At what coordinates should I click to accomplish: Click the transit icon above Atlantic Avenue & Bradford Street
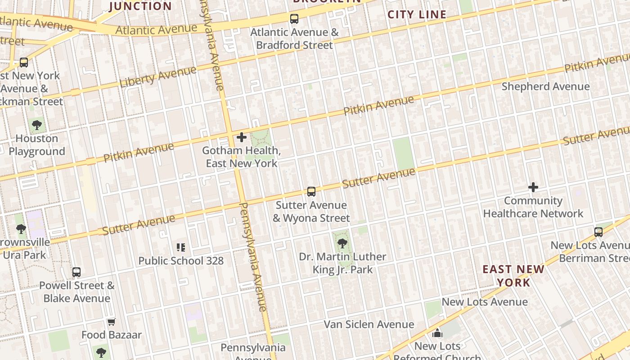point(294,18)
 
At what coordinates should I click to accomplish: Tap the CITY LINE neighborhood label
point(417,14)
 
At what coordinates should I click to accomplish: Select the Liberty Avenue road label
point(158,77)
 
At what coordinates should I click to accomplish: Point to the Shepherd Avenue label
point(545,86)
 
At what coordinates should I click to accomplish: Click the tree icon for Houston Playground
point(37,125)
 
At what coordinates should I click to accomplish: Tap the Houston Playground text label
point(37,145)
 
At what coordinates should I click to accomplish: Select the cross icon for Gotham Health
point(242,137)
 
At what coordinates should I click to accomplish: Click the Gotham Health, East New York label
point(242,157)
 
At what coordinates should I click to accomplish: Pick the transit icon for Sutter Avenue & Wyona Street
point(311,192)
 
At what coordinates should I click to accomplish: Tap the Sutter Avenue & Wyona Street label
point(311,211)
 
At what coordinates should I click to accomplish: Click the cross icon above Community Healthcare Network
point(533,187)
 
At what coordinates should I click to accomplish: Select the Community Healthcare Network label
point(533,207)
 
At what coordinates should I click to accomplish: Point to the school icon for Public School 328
point(181,247)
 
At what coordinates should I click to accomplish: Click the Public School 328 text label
point(181,261)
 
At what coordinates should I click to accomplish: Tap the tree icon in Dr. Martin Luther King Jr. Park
point(342,243)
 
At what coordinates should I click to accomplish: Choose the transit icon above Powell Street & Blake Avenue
point(76,272)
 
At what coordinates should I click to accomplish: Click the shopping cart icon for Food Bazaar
point(111,322)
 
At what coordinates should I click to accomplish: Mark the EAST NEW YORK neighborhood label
point(513,276)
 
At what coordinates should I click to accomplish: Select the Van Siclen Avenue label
point(369,324)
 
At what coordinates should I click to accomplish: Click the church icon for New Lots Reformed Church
point(437,333)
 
